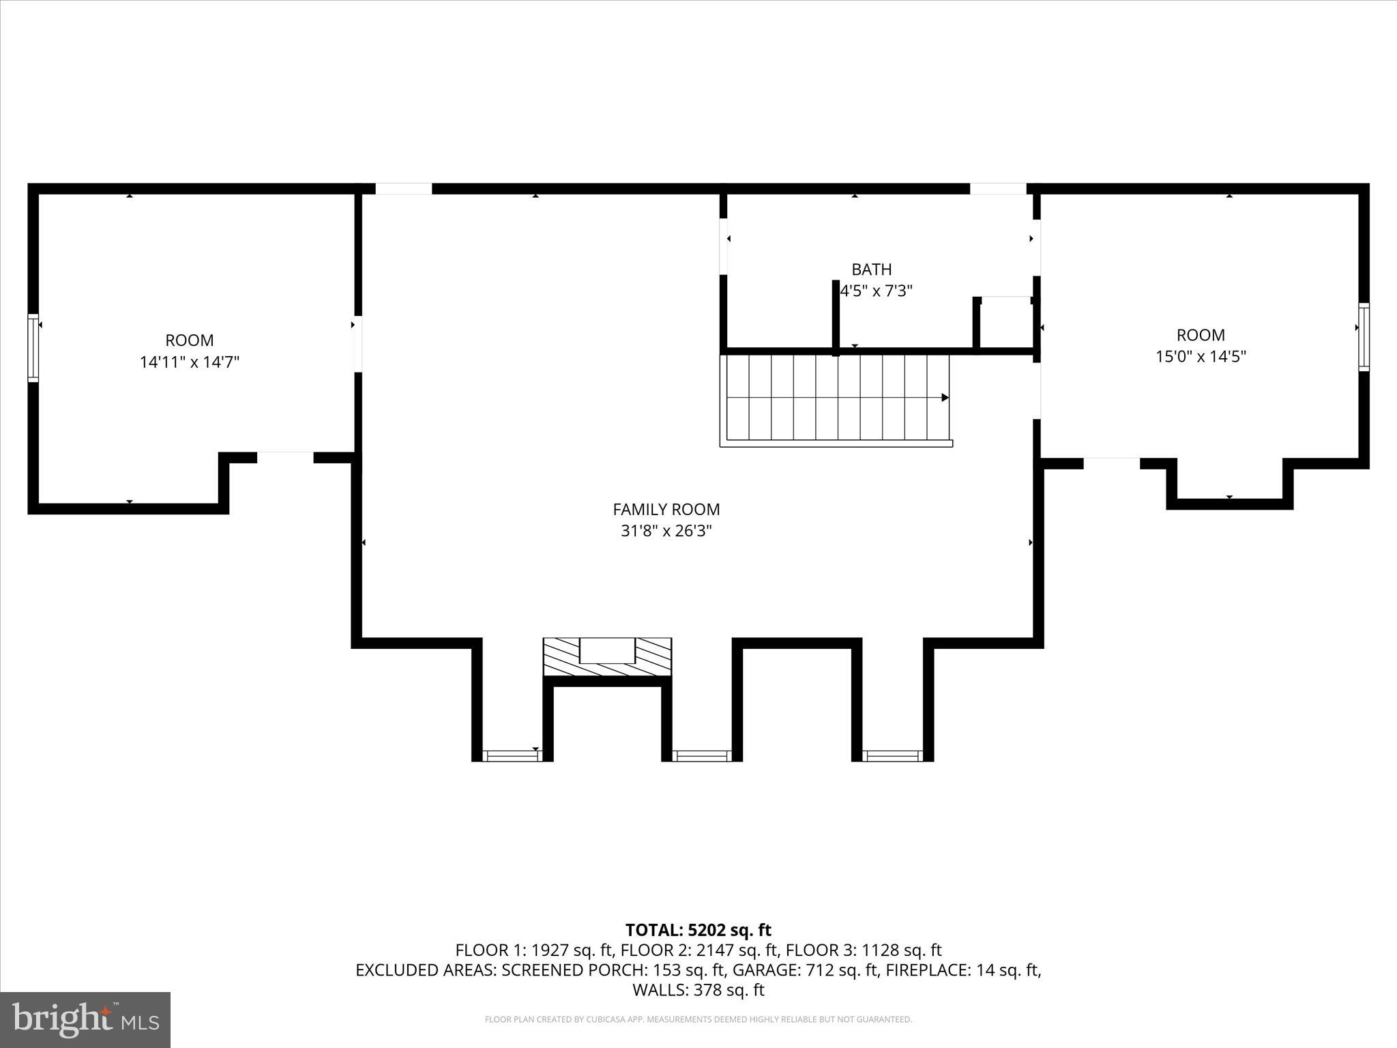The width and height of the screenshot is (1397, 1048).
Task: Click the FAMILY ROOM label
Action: coord(666,509)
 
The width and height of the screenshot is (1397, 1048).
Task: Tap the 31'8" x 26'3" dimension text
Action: coord(666,531)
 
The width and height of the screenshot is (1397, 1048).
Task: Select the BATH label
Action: coord(871,270)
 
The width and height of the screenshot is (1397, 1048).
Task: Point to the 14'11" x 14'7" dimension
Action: coord(190,362)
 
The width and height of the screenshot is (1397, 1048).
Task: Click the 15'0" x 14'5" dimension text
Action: coord(1201,356)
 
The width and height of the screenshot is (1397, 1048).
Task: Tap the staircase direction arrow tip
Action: coord(945,397)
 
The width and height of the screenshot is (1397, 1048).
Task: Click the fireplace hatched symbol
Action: coord(607,657)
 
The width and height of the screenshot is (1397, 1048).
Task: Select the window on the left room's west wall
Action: coord(33,347)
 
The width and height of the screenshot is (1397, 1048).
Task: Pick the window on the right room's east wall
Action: coord(1363,337)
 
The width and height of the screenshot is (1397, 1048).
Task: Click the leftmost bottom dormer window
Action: coord(512,755)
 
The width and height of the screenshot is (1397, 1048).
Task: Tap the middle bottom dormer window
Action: coord(701,755)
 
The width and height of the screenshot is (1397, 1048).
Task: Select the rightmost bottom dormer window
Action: coord(892,755)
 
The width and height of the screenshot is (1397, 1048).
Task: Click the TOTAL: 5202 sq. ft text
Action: coord(698,930)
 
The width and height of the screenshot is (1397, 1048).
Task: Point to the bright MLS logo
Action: coord(85,1019)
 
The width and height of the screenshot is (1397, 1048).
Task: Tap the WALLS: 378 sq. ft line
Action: coord(698,989)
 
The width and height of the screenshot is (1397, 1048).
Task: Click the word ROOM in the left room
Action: coord(190,340)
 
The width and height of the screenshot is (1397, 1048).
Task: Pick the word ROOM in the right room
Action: coord(1201,335)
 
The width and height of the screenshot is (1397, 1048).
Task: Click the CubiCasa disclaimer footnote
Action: coord(698,1019)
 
